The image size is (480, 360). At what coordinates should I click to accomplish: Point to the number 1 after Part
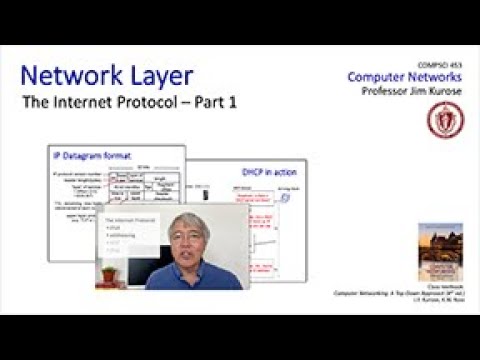click(x=245, y=103)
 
